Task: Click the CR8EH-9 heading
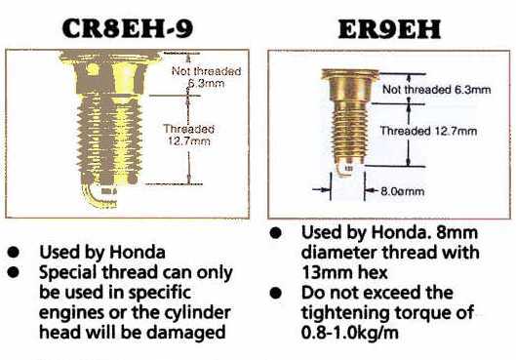pyautogui.click(x=128, y=28)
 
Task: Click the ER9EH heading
pyautogui.click(x=389, y=29)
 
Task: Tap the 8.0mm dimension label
pyautogui.click(x=403, y=191)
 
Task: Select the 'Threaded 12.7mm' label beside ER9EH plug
pyautogui.click(x=429, y=131)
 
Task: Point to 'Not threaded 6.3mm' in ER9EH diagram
pyautogui.click(x=436, y=90)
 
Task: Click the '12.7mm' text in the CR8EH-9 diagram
pyautogui.click(x=189, y=141)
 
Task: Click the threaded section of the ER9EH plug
pyautogui.click(x=348, y=133)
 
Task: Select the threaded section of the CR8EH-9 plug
pyautogui.click(x=110, y=139)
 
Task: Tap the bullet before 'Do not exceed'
pyautogui.click(x=275, y=293)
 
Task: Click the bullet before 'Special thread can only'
pyautogui.click(x=14, y=272)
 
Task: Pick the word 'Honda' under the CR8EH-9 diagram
pyautogui.click(x=138, y=253)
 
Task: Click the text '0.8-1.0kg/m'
pyautogui.click(x=350, y=333)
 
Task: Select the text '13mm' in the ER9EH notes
pyautogui.click(x=326, y=272)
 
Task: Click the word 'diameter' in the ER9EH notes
pyautogui.click(x=337, y=253)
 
